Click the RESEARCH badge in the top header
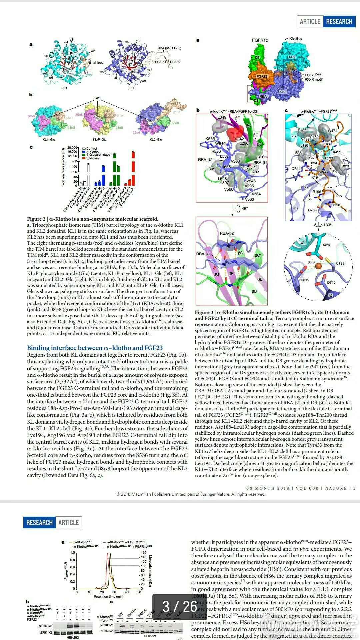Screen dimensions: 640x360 pos(339,22)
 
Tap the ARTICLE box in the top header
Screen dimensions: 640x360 pos(310,22)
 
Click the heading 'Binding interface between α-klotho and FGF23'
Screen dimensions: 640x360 pos(95,348)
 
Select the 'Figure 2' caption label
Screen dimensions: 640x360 pos(37,219)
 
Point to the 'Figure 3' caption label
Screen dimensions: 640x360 pos(205,312)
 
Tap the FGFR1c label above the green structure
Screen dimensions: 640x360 pos(260,40)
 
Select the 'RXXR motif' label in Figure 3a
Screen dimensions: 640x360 pos(313,79)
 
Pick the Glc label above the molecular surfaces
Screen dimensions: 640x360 pos(97,98)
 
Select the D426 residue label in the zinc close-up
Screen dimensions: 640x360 pos(326,245)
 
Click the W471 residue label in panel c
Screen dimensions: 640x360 pos(332,131)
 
